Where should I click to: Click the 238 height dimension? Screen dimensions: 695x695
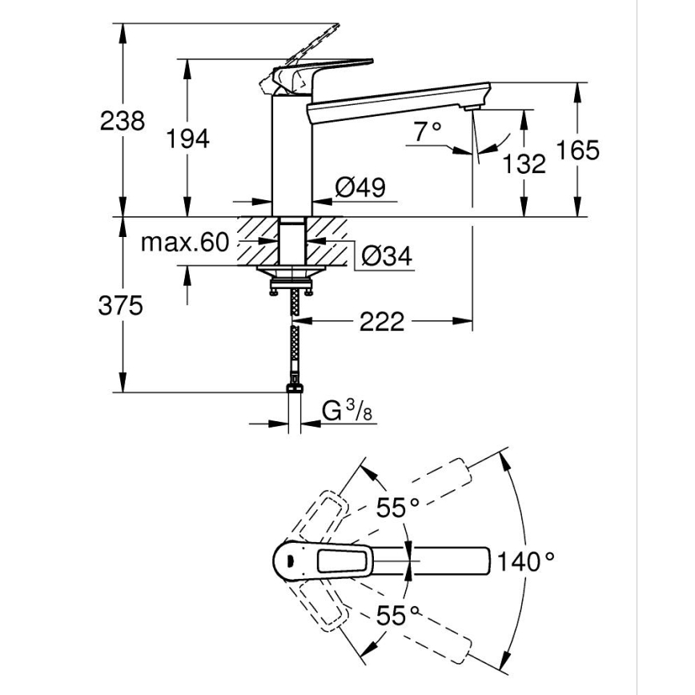click(123, 122)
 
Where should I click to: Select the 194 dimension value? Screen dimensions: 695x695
click(188, 139)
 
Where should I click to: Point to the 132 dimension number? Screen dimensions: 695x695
click(524, 164)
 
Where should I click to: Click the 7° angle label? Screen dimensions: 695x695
click(429, 130)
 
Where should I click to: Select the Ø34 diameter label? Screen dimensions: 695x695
click(386, 256)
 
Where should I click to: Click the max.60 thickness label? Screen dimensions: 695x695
click(185, 243)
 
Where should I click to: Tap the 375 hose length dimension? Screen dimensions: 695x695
click(123, 305)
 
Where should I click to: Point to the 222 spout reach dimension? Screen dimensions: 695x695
click(382, 323)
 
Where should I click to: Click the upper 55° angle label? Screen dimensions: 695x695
click(398, 507)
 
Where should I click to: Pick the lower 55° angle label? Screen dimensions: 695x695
click(398, 616)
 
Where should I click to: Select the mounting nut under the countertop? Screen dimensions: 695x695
click(291, 279)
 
